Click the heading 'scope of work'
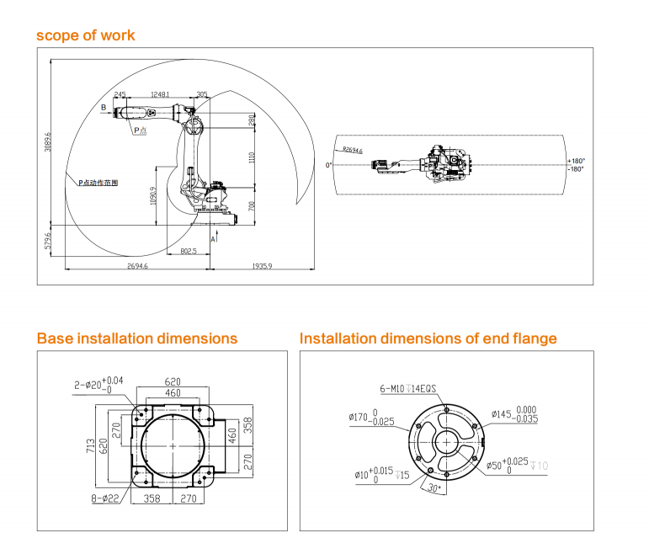[x=85, y=35]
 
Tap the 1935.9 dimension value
[x=260, y=266]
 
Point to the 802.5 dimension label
[x=189, y=251]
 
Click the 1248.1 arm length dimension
[x=160, y=94]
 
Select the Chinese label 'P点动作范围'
[x=98, y=181]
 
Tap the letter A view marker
[x=212, y=240]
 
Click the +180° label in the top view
[x=576, y=160]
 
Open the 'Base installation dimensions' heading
[x=136, y=338]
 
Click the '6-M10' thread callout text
[x=394, y=389]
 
